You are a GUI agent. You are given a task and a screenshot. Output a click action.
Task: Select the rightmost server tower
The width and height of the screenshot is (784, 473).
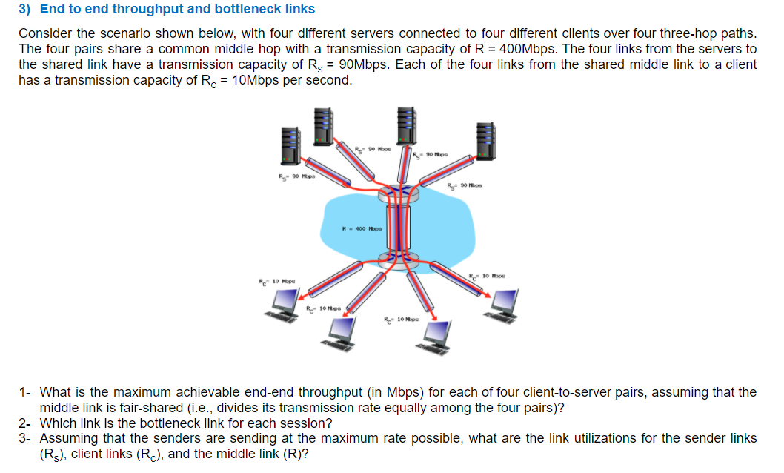point(486,141)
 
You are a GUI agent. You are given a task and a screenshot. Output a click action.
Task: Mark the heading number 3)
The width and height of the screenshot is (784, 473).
point(24,10)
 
